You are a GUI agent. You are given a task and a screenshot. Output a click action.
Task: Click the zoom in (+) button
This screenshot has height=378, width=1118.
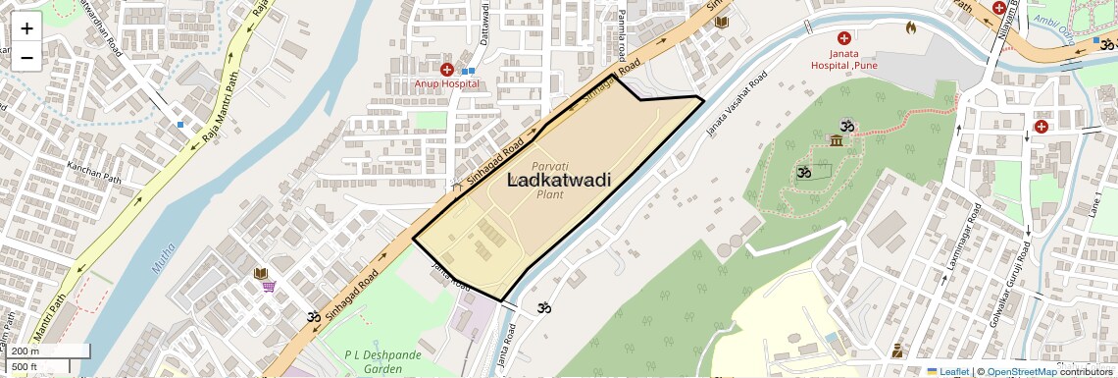26,28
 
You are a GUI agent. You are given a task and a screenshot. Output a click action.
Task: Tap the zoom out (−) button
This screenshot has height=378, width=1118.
26,57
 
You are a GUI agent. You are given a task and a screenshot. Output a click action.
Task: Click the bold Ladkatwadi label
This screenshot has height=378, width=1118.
559,180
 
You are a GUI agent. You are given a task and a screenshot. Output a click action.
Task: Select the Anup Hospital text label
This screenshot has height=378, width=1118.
446,83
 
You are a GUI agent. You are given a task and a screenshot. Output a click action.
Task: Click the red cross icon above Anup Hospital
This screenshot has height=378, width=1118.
447,69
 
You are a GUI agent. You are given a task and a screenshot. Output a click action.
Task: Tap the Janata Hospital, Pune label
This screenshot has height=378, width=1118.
843,59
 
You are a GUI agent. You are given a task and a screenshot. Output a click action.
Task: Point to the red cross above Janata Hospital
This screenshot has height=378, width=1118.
843,37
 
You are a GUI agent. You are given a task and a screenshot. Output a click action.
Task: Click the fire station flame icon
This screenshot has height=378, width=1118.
909,27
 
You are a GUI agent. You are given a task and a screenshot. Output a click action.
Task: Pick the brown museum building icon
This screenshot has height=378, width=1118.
835,143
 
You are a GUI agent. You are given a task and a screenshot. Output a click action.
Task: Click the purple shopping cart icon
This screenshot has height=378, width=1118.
268,287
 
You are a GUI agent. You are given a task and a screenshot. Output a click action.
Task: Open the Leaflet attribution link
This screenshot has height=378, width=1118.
947,371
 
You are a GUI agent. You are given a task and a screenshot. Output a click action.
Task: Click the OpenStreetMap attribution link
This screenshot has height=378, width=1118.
1022,371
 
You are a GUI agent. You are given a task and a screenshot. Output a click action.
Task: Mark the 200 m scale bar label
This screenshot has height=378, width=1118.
25,351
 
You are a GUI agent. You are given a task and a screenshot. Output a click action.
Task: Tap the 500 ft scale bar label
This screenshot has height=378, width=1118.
25,367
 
